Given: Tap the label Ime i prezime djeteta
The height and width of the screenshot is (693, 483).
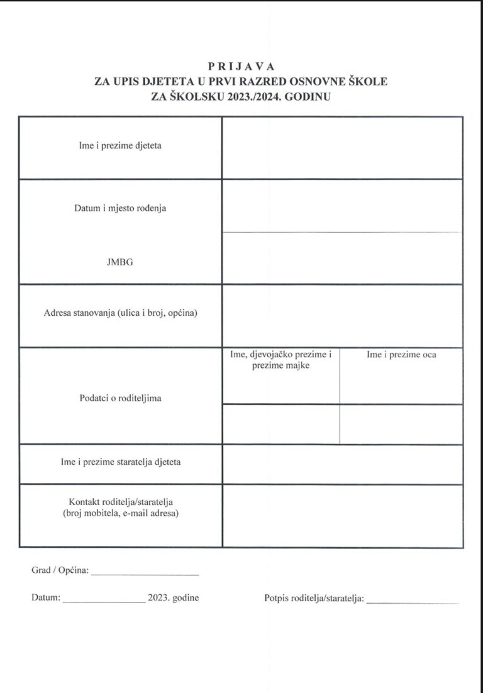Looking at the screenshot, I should (x=120, y=146).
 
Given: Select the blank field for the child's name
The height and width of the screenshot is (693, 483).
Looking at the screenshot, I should (x=342, y=148).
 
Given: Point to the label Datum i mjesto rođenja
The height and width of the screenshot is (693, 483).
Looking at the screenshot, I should (x=120, y=208).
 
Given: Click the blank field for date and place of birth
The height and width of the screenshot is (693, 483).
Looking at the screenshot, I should (x=342, y=206).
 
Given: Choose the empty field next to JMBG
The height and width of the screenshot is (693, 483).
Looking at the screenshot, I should (x=342, y=258).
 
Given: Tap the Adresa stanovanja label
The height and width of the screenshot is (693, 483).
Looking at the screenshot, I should (x=120, y=313).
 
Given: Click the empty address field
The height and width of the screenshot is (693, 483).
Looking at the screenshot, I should (x=342, y=316).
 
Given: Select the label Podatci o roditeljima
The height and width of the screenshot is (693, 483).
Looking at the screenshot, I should (x=120, y=398).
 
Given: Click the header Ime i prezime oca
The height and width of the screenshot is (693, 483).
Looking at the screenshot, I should (x=401, y=355).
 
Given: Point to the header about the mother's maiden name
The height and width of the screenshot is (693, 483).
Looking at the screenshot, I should (x=280, y=360).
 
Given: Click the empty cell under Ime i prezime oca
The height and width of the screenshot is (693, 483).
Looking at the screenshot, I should (x=401, y=424).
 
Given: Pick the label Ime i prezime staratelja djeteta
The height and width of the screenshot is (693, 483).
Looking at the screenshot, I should (x=120, y=462).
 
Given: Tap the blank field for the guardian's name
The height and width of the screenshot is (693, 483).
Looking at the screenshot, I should (x=342, y=464).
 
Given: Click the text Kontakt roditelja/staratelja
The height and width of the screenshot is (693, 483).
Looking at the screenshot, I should (x=120, y=502).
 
